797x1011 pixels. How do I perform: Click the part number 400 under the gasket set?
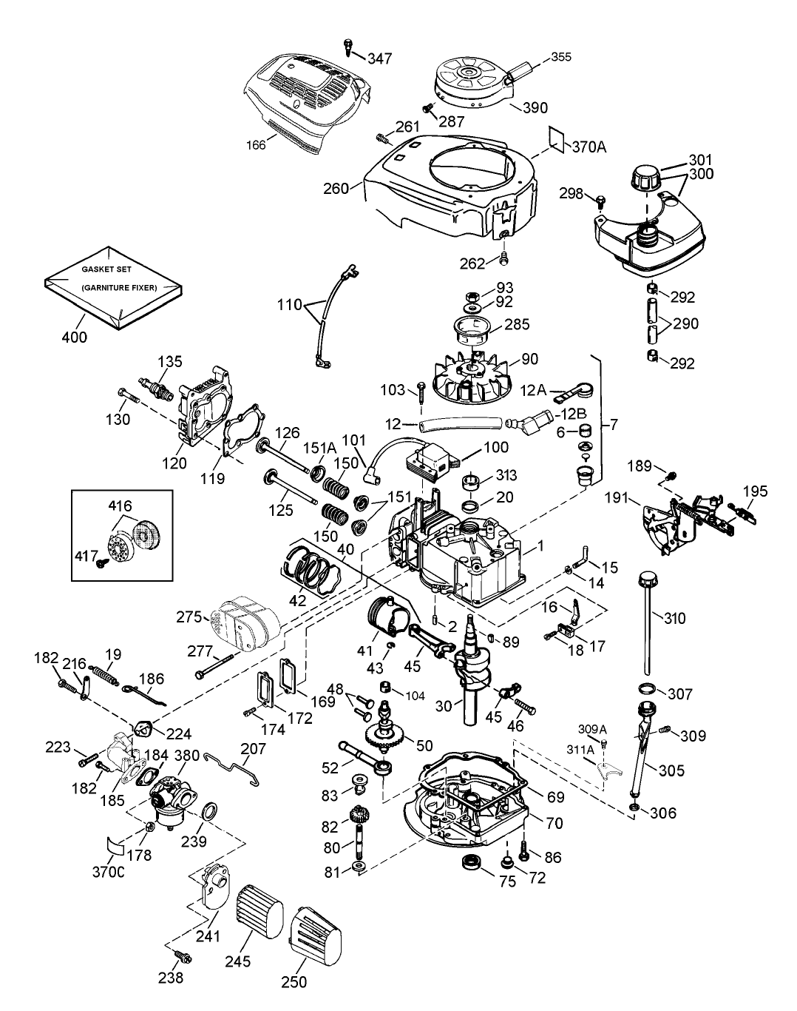click(x=74, y=337)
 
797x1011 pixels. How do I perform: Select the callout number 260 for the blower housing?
click(x=336, y=188)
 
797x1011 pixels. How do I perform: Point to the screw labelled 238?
click(x=185, y=958)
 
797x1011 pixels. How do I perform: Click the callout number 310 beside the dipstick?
click(x=675, y=618)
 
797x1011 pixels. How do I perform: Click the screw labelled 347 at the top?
click(x=350, y=47)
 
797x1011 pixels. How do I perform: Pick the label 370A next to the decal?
click(x=589, y=147)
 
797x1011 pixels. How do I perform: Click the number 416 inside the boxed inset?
click(x=120, y=506)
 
